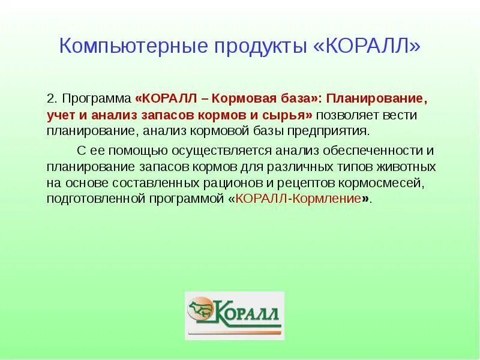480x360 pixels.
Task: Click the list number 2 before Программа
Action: [x=52, y=98]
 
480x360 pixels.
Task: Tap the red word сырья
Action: [x=290, y=115]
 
